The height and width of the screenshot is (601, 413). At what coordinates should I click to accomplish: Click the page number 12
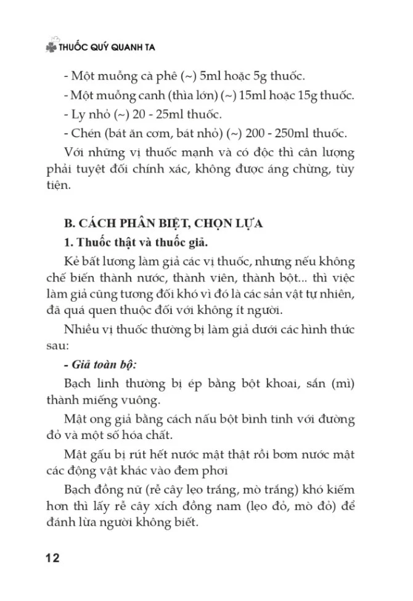pyautogui.click(x=52, y=559)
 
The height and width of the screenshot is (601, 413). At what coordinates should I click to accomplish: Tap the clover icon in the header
pyautogui.click(x=50, y=47)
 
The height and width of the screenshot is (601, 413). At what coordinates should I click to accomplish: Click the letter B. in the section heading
pyautogui.click(x=70, y=224)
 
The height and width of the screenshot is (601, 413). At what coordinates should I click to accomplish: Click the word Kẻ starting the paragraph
pyautogui.click(x=73, y=261)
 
